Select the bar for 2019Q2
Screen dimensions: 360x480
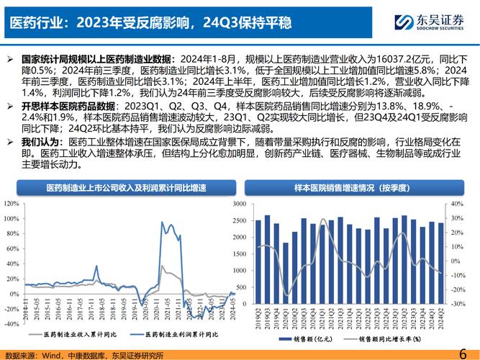(258, 263)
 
